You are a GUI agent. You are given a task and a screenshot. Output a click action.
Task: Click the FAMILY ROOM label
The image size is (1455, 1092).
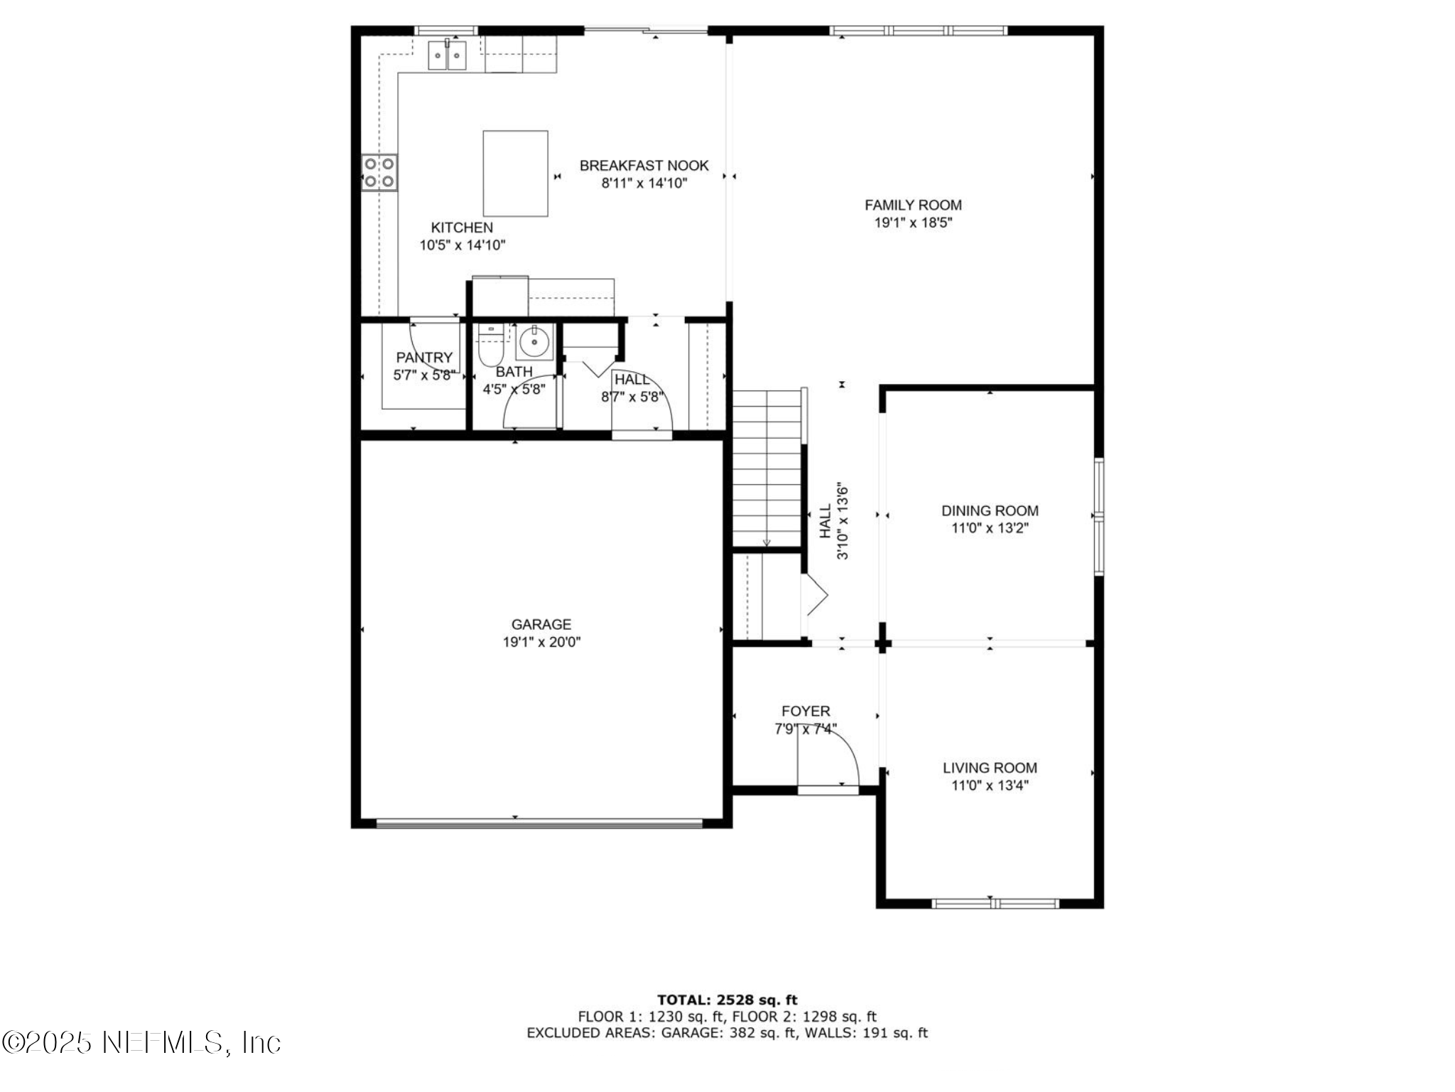(913, 205)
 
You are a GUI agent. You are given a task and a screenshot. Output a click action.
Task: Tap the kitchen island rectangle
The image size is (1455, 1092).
(515, 173)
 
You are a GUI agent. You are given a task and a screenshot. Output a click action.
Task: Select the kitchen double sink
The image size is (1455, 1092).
(447, 55)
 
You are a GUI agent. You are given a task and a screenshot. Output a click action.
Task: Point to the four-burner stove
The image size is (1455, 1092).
(379, 172)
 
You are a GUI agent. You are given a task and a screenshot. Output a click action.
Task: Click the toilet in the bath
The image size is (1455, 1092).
(490, 346)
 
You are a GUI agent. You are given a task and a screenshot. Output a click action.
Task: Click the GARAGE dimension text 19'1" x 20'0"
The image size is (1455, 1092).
(541, 642)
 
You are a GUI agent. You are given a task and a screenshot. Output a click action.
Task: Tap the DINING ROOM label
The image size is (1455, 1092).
(990, 510)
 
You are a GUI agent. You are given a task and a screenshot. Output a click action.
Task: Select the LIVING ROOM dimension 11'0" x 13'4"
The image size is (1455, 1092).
(990, 785)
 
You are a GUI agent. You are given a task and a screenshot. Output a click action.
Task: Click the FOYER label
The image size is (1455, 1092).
(806, 711)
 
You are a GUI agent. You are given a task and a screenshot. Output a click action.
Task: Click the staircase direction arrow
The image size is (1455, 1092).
(767, 542)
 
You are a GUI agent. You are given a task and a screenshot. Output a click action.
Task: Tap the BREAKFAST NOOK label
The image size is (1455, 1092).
(644, 166)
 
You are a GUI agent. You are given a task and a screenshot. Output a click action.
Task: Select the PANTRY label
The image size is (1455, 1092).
(424, 358)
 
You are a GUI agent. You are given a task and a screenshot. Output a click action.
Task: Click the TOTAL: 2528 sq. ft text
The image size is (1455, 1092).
(727, 1000)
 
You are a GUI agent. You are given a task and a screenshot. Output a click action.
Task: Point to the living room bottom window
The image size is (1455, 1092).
(995, 904)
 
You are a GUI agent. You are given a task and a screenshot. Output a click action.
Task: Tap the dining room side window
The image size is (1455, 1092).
(1098, 516)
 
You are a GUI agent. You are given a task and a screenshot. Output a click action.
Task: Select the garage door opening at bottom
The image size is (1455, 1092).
(539, 823)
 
